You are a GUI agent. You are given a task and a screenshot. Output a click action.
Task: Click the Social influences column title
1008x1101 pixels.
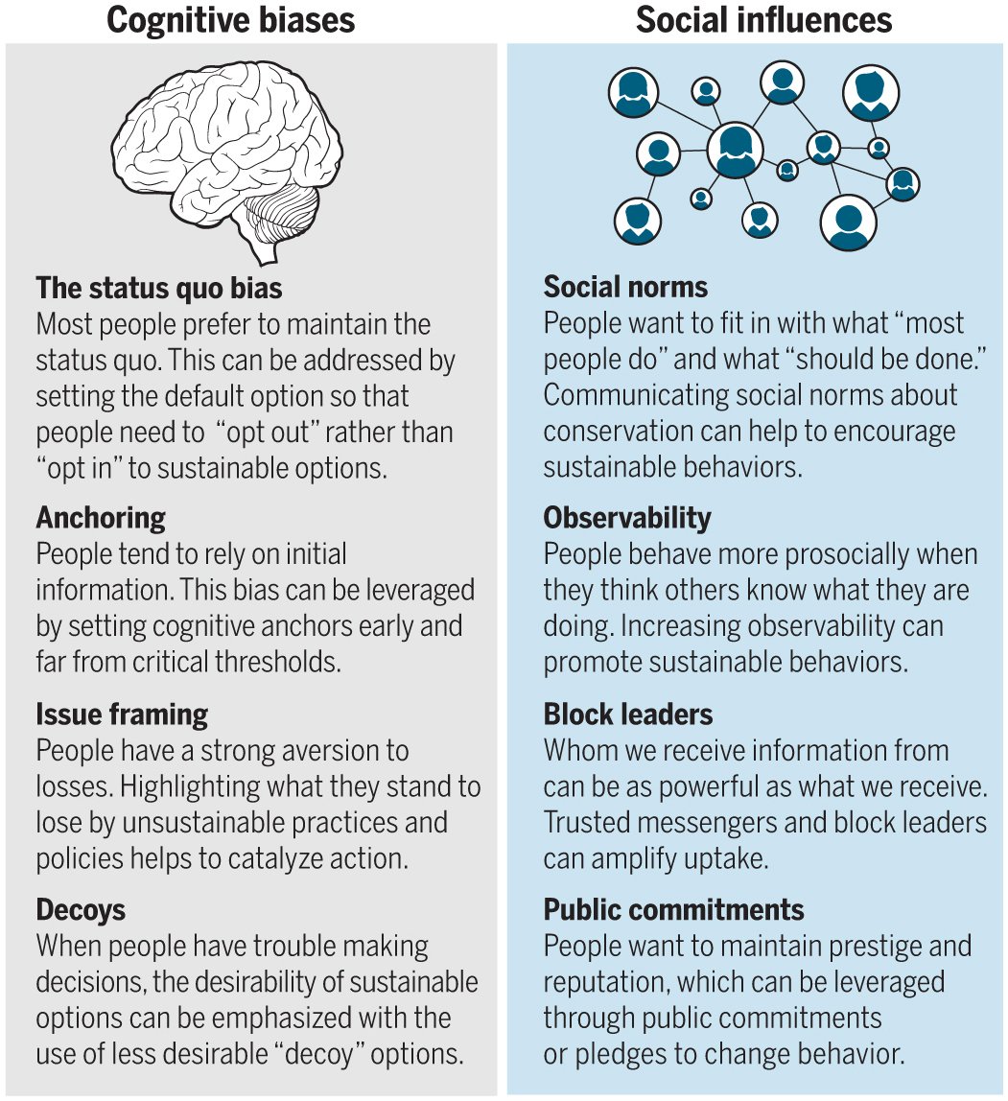pyautogui.click(x=763, y=19)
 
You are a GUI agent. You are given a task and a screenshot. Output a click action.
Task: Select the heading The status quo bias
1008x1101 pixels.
pyautogui.click(x=159, y=287)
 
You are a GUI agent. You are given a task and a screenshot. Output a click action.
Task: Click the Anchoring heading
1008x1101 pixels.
pyautogui.click(x=101, y=518)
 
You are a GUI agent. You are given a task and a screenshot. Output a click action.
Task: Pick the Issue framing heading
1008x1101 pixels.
pyautogui.click(x=122, y=714)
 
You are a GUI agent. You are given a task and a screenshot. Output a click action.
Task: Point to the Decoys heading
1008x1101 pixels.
pyautogui.click(x=81, y=909)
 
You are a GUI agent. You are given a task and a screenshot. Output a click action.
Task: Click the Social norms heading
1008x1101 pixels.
pyautogui.click(x=625, y=287)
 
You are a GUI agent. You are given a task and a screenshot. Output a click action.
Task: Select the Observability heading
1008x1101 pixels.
pyautogui.click(x=627, y=518)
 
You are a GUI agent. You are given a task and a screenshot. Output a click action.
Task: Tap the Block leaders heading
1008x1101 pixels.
pyautogui.click(x=628, y=714)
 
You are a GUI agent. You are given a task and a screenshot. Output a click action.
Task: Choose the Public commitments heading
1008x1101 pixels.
pyautogui.click(x=673, y=909)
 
